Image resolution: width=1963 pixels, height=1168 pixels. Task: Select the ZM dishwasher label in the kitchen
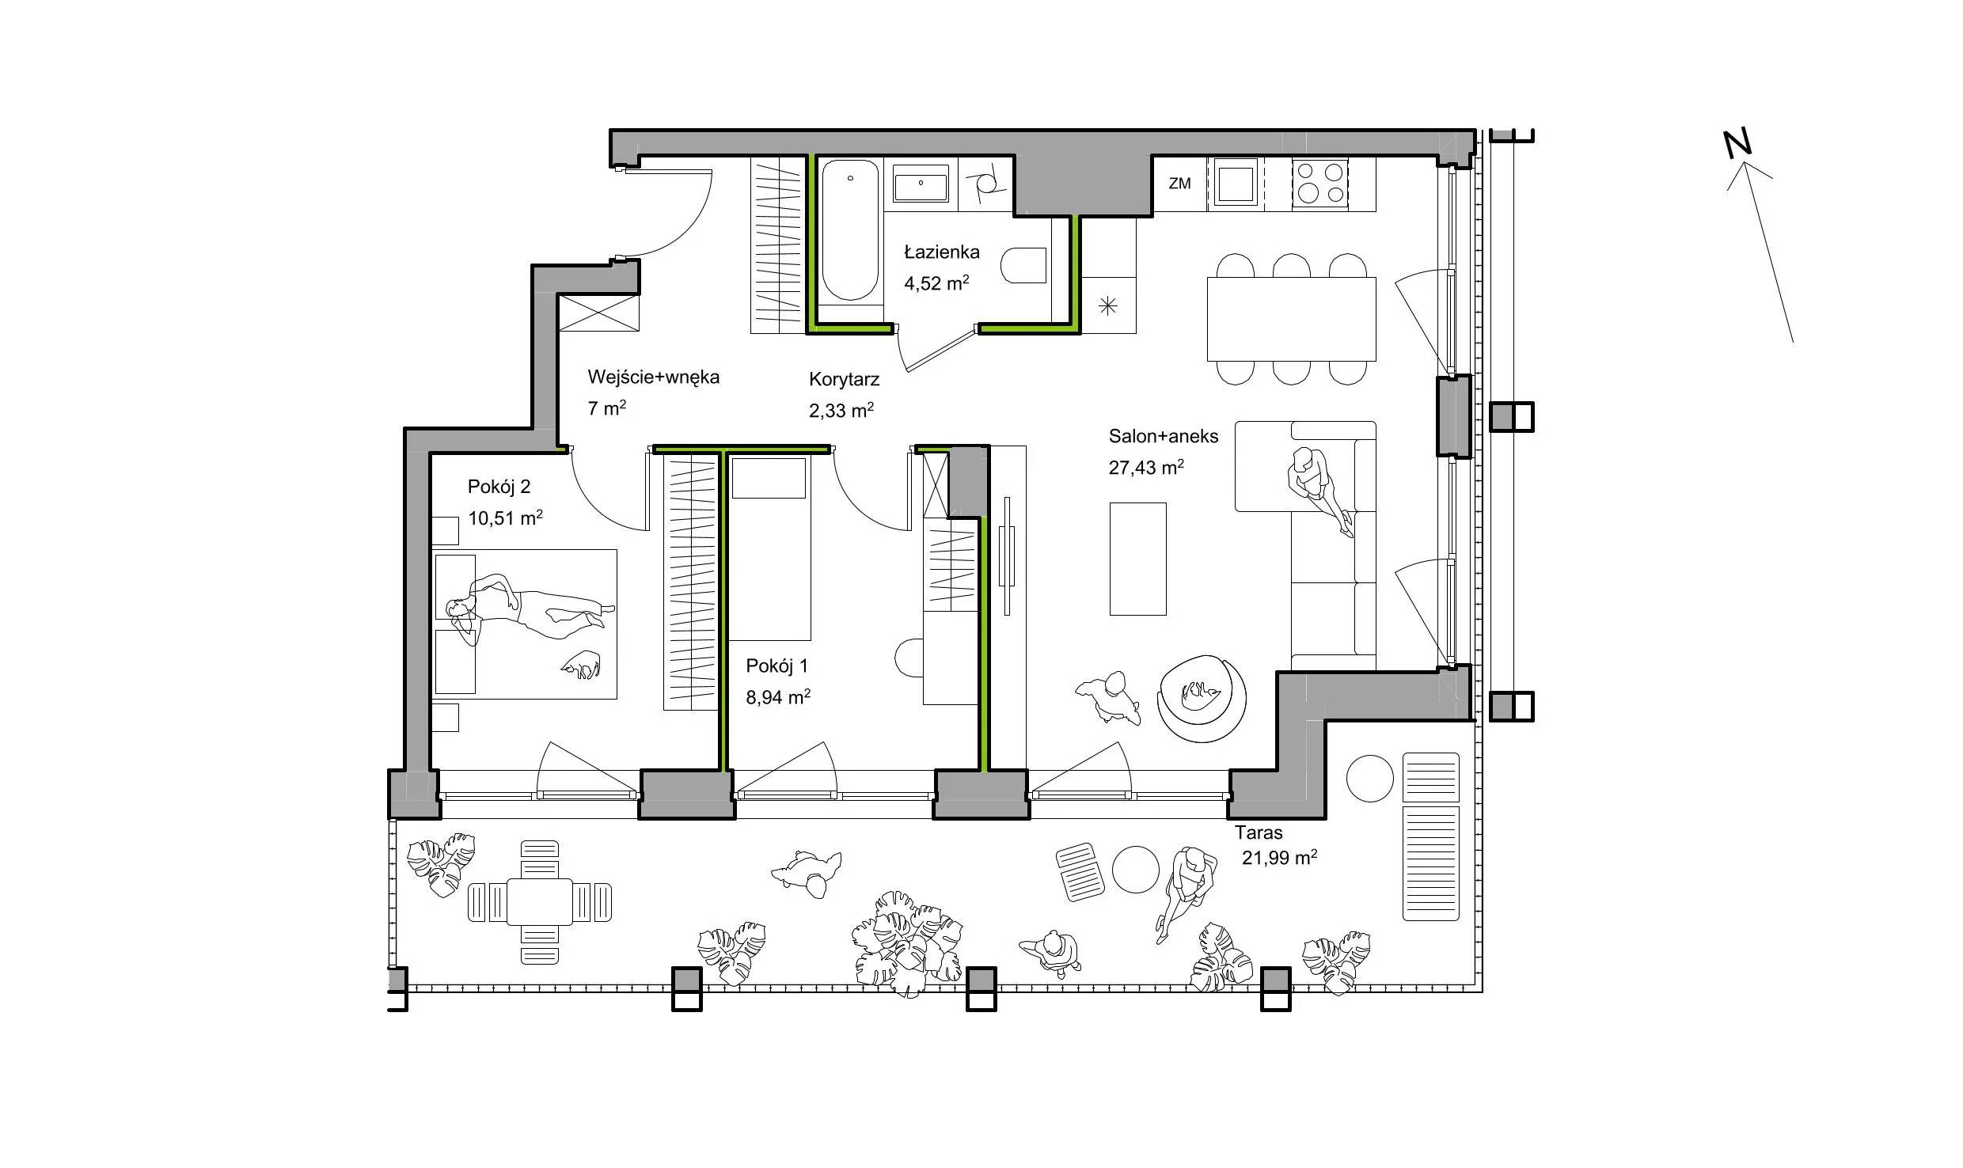click(1179, 184)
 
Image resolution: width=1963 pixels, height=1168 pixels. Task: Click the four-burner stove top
click(1319, 184)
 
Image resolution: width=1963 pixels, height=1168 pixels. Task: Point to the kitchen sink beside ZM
click(1236, 184)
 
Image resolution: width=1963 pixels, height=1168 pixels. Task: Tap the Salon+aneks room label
click(1164, 436)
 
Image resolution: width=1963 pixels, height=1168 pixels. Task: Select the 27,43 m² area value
click(1146, 467)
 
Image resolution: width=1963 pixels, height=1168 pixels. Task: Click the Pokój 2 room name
click(499, 487)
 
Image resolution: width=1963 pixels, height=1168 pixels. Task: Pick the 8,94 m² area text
click(778, 697)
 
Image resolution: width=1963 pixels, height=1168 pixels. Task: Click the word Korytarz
click(844, 380)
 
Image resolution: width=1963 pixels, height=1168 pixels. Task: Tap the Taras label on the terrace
click(1259, 832)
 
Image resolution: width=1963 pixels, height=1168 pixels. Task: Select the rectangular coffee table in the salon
click(1137, 559)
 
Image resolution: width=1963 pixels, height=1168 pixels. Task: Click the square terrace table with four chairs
click(540, 902)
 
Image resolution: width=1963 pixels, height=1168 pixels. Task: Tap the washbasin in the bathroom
click(921, 184)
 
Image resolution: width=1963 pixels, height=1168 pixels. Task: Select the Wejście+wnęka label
click(653, 377)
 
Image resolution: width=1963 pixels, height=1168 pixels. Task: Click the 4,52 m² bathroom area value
click(937, 283)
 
